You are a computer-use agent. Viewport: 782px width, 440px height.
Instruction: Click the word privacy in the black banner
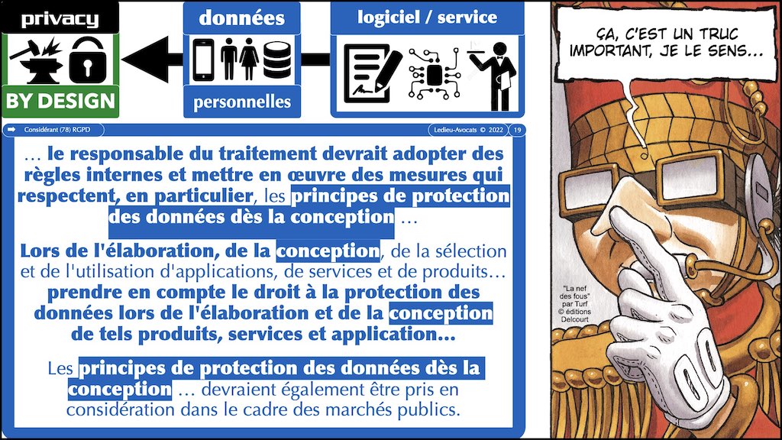tap(60, 19)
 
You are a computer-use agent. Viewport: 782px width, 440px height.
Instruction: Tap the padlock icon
tap(88, 60)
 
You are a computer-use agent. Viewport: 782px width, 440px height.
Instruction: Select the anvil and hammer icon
tap(36, 60)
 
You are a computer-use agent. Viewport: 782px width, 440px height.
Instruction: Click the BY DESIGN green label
tap(60, 102)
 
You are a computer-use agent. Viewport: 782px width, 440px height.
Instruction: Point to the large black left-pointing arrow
tap(152, 60)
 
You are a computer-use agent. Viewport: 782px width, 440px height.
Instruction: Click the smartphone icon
tap(203, 60)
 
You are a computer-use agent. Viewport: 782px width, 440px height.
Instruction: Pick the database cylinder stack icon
tap(276, 60)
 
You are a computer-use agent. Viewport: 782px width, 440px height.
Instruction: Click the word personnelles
tap(242, 102)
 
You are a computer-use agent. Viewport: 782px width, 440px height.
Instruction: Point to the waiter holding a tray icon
tap(494, 76)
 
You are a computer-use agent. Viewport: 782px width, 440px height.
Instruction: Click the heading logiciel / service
tap(427, 18)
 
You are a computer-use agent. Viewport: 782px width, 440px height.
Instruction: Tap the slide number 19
tap(517, 130)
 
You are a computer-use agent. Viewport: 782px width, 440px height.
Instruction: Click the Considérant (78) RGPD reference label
tap(57, 130)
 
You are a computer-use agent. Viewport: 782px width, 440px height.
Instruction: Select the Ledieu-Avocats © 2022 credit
tap(468, 130)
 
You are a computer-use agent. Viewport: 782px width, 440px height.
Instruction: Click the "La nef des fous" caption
tap(574, 303)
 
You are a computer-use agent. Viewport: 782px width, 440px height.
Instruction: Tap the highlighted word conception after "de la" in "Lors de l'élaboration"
tap(328, 251)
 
